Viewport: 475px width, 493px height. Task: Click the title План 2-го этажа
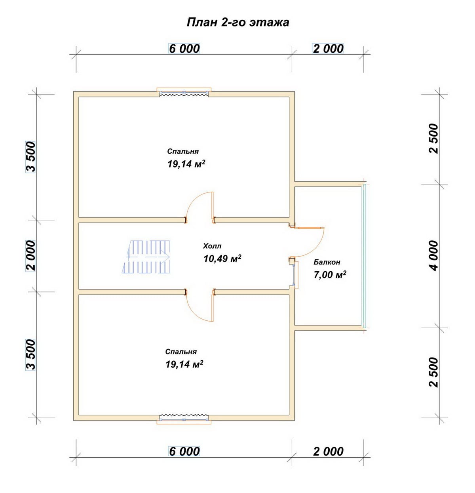click(238, 22)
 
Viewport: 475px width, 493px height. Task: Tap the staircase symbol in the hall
click(146, 257)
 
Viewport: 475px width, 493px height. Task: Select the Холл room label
click(212, 246)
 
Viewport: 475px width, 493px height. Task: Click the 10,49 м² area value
click(222, 259)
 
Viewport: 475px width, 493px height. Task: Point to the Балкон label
click(327, 262)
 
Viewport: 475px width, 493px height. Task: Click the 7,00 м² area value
click(330, 274)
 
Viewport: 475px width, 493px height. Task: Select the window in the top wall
click(184, 93)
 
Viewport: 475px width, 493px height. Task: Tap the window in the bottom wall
click(184, 419)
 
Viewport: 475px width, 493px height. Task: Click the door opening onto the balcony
click(310, 242)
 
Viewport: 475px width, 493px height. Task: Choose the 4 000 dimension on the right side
click(434, 256)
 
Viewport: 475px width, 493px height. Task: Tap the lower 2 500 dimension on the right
click(434, 372)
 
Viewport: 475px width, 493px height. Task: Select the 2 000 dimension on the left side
click(30, 256)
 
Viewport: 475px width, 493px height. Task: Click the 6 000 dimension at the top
click(184, 48)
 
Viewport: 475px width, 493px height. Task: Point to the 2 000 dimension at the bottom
click(329, 451)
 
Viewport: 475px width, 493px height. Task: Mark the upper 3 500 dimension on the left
click(30, 157)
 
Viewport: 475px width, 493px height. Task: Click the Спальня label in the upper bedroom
click(183, 151)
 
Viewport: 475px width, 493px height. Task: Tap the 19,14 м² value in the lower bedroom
click(184, 364)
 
